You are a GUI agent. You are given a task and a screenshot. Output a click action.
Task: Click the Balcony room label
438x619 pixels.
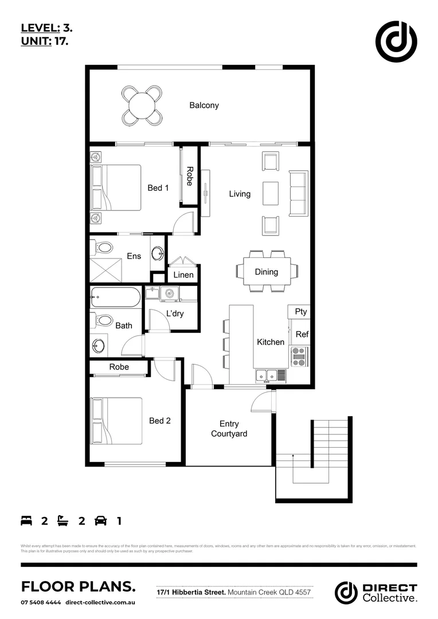(204, 105)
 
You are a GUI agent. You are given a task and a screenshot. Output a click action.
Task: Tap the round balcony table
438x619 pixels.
(141, 105)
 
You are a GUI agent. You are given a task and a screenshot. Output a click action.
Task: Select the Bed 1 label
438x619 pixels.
(158, 187)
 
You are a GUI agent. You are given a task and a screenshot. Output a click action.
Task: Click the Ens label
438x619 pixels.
(134, 256)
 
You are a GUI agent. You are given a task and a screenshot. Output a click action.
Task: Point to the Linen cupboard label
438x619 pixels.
(183, 275)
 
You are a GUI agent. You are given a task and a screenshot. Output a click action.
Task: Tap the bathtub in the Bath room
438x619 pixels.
(115, 298)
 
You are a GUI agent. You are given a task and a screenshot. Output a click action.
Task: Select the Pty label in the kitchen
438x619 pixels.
(300, 312)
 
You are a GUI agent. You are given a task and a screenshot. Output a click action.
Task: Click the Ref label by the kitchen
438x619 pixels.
(302, 334)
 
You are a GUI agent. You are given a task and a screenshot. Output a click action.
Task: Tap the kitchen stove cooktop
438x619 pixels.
(299, 356)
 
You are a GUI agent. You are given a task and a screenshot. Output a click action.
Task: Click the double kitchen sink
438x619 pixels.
(267, 376)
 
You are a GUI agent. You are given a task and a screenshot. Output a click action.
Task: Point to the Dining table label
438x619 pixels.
(266, 272)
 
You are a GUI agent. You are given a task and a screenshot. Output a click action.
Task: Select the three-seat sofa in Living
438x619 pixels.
(298, 194)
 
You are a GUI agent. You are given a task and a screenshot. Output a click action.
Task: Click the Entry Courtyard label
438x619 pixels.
(229, 429)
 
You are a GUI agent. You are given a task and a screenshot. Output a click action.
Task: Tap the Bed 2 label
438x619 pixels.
(160, 421)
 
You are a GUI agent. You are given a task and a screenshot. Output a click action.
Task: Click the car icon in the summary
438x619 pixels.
(100, 521)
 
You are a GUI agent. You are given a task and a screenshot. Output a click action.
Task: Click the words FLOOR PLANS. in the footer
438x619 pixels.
(79, 586)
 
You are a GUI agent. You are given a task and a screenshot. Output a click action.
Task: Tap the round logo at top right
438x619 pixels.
(396, 42)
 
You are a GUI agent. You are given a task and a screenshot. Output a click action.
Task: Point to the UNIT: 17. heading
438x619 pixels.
(45, 41)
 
